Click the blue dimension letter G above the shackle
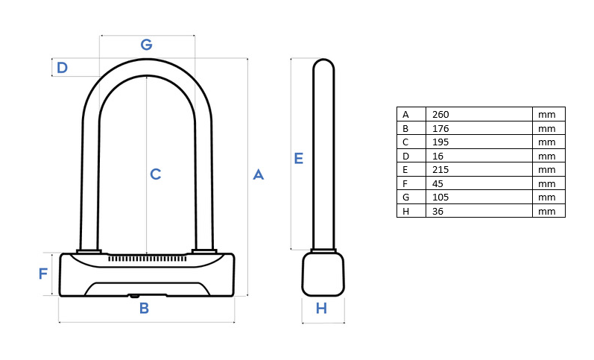point(146,44)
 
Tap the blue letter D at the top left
point(62,67)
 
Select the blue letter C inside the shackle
point(155,174)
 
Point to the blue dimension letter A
point(259,174)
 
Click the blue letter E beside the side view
point(299,158)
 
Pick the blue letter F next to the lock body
point(43,274)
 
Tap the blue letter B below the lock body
point(144,308)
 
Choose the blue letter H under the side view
point(321,308)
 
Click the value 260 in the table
point(440,115)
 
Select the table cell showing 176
point(440,128)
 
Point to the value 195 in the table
point(440,142)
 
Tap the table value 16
point(437,156)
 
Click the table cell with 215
point(440,170)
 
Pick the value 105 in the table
point(440,197)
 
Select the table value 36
point(437,211)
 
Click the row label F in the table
point(405,184)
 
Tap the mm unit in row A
point(546,115)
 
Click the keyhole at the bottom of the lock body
point(134,296)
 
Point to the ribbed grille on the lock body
point(147,259)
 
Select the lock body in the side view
point(323,274)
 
